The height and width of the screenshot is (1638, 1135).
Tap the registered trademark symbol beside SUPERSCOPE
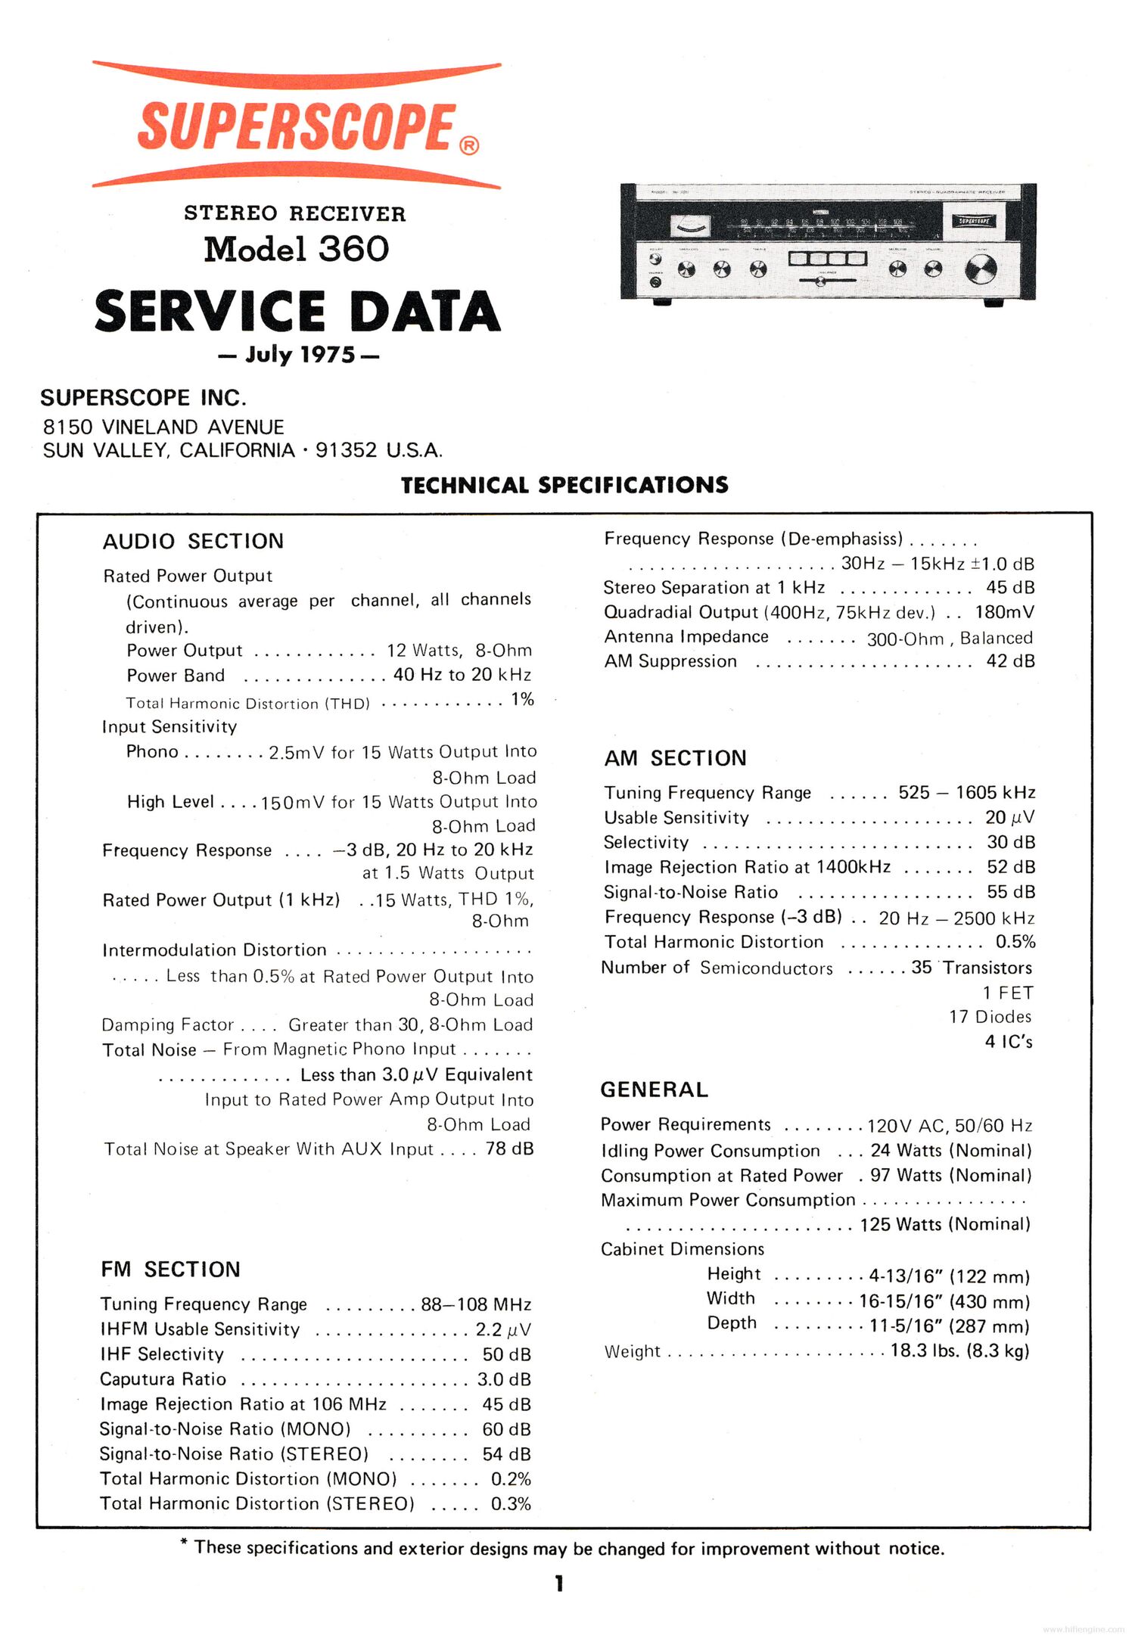click(469, 145)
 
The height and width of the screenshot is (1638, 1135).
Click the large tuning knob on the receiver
click(981, 269)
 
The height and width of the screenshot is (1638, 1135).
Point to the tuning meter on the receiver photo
click(690, 225)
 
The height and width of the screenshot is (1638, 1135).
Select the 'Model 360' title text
click(296, 249)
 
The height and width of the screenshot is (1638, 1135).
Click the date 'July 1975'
click(299, 355)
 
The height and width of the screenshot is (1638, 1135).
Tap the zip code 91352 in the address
click(346, 450)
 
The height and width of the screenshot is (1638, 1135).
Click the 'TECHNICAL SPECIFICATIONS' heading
click(564, 485)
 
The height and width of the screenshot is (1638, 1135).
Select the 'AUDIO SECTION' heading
click(193, 541)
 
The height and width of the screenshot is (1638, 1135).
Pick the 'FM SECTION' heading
click(170, 1269)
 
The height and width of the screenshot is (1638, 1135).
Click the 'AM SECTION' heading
click(675, 757)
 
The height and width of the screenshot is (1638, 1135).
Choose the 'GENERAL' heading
click(654, 1089)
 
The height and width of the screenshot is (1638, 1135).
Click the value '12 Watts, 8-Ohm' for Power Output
click(459, 651)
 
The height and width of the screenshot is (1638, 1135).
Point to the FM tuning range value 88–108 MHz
click(476, 1304)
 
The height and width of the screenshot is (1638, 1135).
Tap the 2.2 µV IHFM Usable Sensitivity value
click(503, 1329)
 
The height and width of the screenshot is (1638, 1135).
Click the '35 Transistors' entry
click(972, 968)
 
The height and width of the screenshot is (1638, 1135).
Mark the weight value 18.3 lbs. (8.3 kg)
click(959, 1350)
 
